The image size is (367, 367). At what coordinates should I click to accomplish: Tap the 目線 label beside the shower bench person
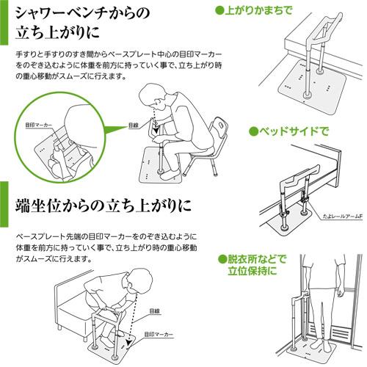[x=133, y=125]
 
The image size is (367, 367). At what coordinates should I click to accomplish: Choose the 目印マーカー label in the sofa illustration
[x=158, y=333]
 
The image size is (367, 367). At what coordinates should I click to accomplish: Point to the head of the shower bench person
[x=153, y=96]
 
